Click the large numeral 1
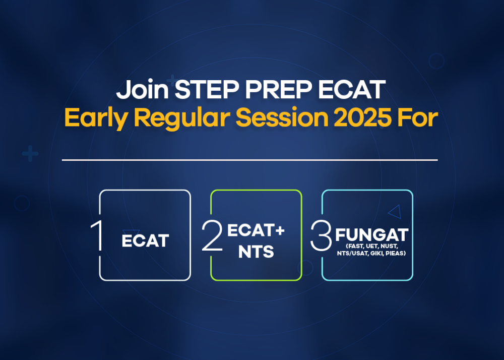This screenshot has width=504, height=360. pyautogui.click(x=99, y=236)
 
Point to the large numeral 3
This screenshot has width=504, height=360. pyautogui.click(x=321, y=236)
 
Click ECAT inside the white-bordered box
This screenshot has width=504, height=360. pyautogui.click(x=145, y=241)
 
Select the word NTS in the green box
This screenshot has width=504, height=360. pyautogui.click(x=256, y=252)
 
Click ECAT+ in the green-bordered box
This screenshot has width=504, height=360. pyautogui.click(x=256, y=230)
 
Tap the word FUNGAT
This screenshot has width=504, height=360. pyautogui.click(x=371, y=235)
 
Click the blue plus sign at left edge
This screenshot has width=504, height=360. pyautogui.click(x=30, y=154)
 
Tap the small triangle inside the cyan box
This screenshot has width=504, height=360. pyautogui.click(x=395, y=212)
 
